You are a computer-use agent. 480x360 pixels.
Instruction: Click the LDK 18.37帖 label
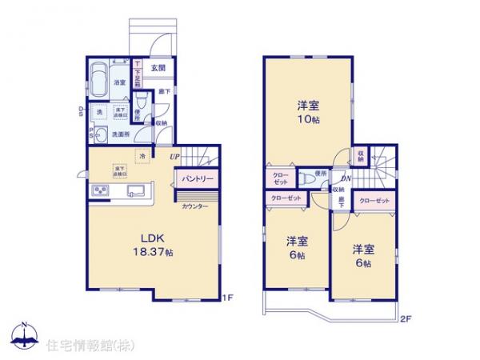click(x=154, y=245)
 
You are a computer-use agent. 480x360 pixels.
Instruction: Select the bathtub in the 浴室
click(x=99, y=80)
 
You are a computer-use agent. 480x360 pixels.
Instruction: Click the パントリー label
click(x=196, y=178)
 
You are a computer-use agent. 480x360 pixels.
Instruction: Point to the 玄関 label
click(x=158, y=68)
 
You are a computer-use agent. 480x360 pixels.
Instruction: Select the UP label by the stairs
click(x=174, y=157)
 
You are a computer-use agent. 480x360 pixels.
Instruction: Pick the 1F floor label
click(x=226, y=298)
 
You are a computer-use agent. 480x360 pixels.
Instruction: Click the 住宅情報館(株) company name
click(x=79, y=346)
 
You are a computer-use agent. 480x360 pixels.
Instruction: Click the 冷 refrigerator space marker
click(x=142, y=155)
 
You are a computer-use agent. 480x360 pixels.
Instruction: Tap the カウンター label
click(x=195, y=206)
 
